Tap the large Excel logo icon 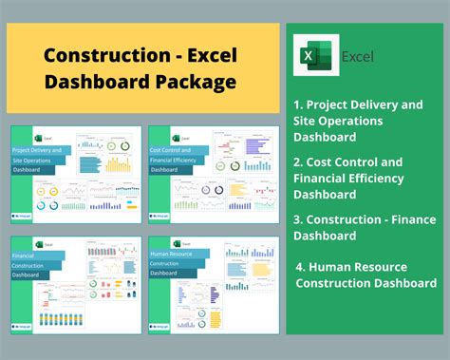click(314, 56)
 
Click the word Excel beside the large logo click(358, 57)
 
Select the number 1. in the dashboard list click(299, 105)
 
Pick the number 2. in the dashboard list click(299, 161)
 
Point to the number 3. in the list click(299, 218)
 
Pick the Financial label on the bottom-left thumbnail click(24, 256)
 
